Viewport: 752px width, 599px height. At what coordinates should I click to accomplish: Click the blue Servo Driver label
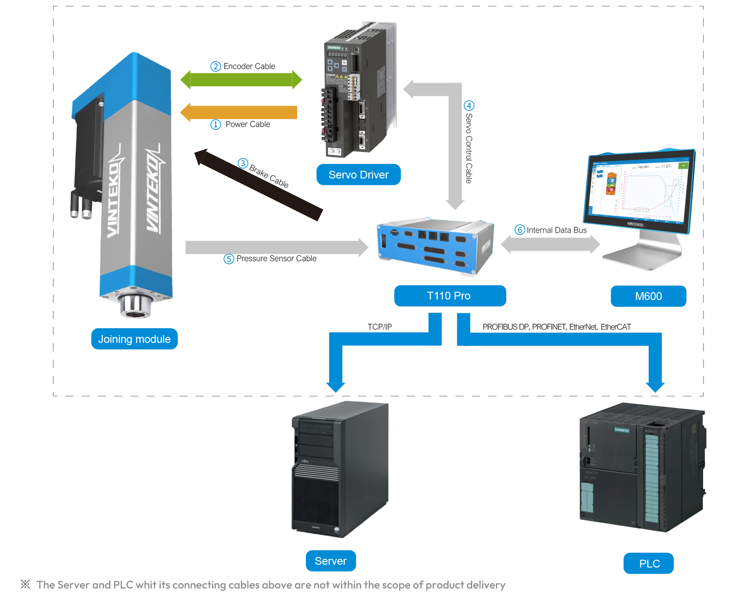tap(358, 174)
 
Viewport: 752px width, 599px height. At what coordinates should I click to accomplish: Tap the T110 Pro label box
tap(450, 296)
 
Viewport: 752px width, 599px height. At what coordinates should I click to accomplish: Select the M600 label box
tap(648, 296)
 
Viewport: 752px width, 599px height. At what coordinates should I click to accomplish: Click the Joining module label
tap(134, 339)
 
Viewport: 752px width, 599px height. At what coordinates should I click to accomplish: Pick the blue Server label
tap(331, 561)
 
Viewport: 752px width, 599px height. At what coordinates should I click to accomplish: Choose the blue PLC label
tap(649, 564)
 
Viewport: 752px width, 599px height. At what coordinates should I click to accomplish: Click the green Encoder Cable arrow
tap(241, 80)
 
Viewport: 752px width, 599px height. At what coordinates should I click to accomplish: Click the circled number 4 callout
tap(469, 106)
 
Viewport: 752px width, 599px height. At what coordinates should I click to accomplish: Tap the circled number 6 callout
tap(520, 230)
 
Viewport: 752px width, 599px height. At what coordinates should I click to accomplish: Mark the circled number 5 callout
tap(229, 259)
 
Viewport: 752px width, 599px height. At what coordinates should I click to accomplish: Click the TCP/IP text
tap(379, 327)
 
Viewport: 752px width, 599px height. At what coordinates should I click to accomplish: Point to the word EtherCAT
tap(616, 327)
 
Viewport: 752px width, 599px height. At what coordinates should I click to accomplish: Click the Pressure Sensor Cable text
tap(276, 258)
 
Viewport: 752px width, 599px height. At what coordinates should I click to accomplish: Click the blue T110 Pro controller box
tap(435, 247)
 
